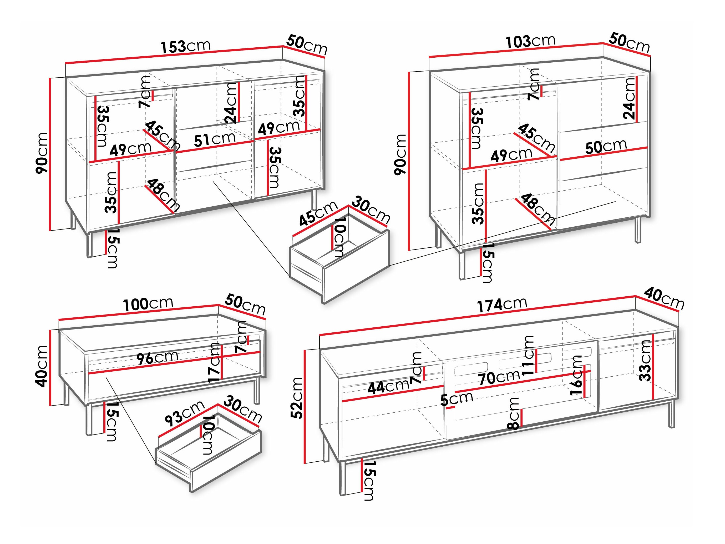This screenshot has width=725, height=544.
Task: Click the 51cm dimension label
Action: coord(215,139)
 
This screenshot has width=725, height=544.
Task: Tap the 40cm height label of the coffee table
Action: coord(42,366)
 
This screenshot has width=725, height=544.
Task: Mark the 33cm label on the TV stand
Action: coord(645,361)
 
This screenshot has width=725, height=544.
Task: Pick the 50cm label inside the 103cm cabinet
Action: coord(606,147)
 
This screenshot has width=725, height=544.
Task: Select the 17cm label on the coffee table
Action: coord(215,362)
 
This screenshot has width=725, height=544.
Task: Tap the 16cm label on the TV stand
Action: coord(576,375)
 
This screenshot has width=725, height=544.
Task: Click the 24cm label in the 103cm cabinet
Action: coord(629,99)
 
